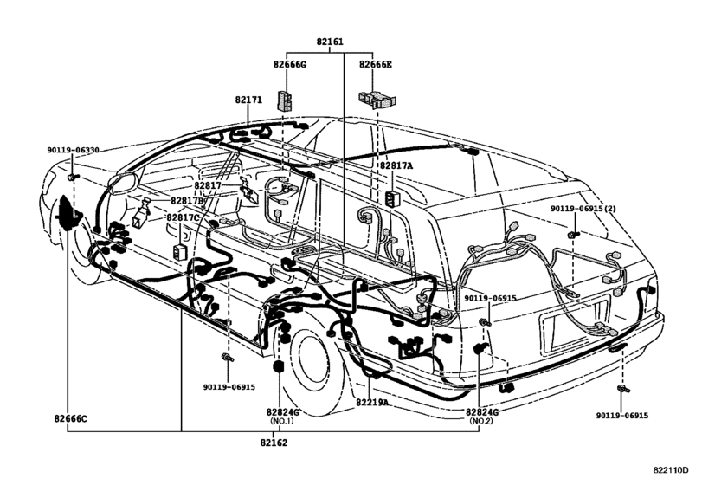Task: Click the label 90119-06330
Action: point(73,150)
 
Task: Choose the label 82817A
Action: point(396,165)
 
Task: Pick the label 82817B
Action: point(187,201)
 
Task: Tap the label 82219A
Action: point(374,402)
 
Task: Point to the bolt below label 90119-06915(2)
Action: point(573,234)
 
